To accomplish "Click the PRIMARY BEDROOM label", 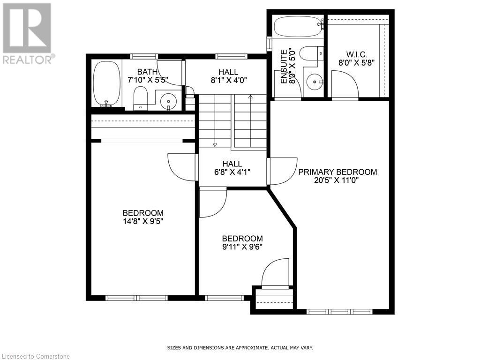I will [337, 172].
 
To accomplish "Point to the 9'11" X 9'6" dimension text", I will [242, 247].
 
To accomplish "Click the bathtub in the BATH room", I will [106, 83].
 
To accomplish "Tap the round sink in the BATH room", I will [168, 100].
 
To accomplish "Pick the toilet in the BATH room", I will [141, 97].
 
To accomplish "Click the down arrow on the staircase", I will [215, 144].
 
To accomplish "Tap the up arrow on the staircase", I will [250, 97].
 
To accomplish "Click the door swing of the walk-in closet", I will [345, 84].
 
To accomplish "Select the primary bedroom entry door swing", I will [283, 171].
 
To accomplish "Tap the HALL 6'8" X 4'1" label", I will [232, 168].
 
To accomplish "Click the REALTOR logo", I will [27, 33].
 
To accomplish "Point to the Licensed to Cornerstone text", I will [35, 356].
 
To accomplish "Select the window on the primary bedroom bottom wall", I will [339, 311].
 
